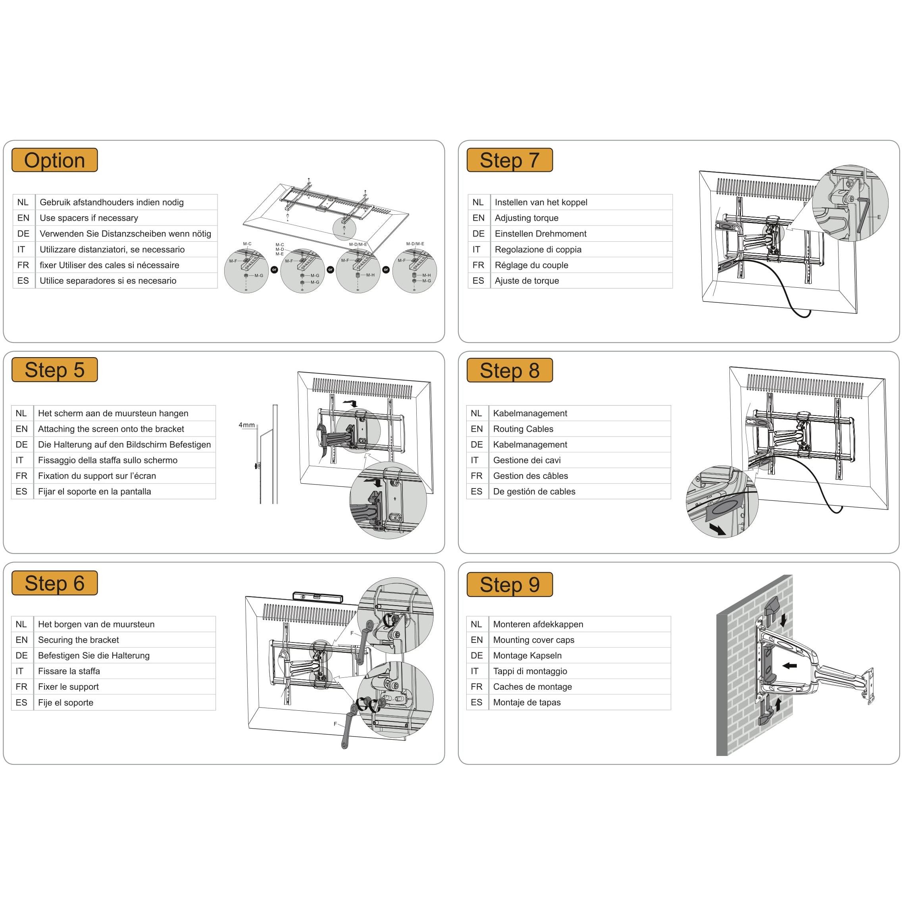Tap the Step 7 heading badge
510,160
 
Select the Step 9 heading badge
510,585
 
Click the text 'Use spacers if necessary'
89,218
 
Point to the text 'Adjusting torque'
526,218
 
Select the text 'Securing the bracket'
79,640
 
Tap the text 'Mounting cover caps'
533,640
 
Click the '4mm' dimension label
246,425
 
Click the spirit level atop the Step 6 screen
317,597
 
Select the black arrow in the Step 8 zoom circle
717,529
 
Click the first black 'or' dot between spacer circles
275,270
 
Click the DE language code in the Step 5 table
21,445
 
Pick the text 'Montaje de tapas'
527,703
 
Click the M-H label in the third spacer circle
370,275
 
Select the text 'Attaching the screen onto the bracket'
111,429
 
